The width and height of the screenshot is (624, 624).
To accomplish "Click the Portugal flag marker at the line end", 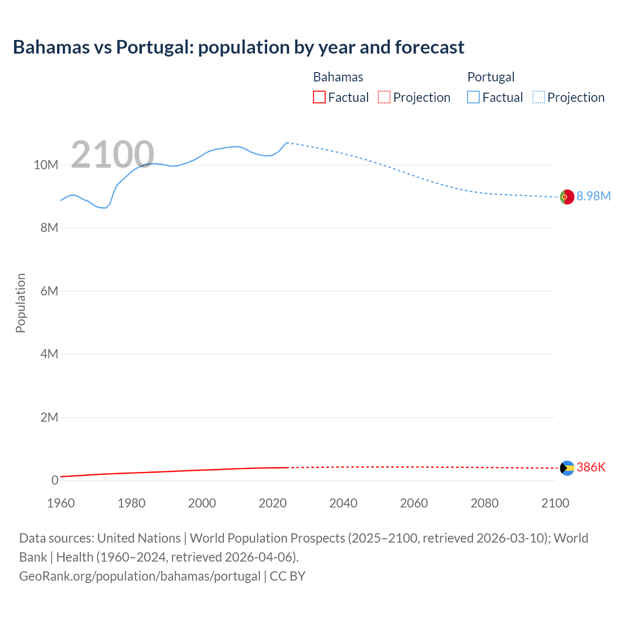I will tap(566, 197).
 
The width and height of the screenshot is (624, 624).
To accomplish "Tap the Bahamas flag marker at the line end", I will tap(567, 468).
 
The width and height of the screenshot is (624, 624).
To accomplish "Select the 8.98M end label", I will tap(593, 196).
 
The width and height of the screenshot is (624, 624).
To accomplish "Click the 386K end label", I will tap(591, 467).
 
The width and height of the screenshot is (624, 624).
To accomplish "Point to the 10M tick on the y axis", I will tap(46, 165).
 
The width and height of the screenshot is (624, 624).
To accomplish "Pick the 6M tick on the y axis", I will tap(49, 291).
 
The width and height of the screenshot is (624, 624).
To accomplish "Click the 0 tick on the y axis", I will tap(55, 480).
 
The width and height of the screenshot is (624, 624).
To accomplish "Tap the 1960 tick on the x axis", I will tap(61, 503).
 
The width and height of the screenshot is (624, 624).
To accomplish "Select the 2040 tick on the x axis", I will tap(343, 503).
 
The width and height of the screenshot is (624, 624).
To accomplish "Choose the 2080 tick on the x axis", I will tap(485, 503).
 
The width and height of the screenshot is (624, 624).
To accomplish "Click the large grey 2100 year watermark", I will tap(113, 155).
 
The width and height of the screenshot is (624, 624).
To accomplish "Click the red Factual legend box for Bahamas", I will tap(319, 97).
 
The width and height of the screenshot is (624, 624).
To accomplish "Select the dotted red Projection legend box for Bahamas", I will tap(384, 97).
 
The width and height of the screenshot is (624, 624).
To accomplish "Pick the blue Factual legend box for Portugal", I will tap(473, 97).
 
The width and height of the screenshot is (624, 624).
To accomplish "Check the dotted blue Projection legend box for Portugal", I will tap(539, 97).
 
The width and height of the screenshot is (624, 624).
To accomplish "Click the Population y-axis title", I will tap(20, 303).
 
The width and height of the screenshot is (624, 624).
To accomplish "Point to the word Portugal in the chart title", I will tap(154, 47).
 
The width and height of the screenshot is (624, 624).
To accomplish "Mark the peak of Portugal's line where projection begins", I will tap(287, 143).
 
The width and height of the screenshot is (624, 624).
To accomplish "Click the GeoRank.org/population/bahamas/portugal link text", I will tap(140, 576).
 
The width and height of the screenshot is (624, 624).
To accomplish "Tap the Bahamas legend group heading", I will tap(338, 77).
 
